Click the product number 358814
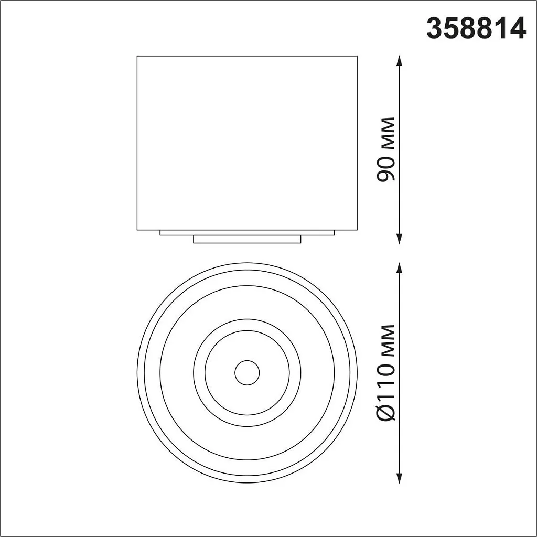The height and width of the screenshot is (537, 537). pyautogui.click(x=476, y=29)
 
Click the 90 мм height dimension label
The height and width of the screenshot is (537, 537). pyautogui.click(x=386, y=149)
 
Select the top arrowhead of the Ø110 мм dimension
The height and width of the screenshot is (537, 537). pyautogui.click(x=400, y=267)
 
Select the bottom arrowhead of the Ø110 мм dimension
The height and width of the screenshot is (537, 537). pyautogui.click(x=400, y=479)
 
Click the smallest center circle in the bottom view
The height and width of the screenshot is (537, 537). pyautogui.click(x=247, y=373)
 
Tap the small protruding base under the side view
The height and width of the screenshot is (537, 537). pyautogui.click(x=247, y=239)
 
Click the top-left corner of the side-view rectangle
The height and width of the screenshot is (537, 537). pyautogui.click(x=137, y=56)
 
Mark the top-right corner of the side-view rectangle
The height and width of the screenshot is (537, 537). pyautogui.click(x=357, y=56)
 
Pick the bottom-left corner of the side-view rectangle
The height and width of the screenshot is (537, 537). pyautogui.click(x=137, y=230)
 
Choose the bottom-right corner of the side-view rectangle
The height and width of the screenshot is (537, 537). pyautogui.click(x=357, y=230)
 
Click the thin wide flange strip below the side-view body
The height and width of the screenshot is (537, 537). pyautogui.click(x=247, y=232)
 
